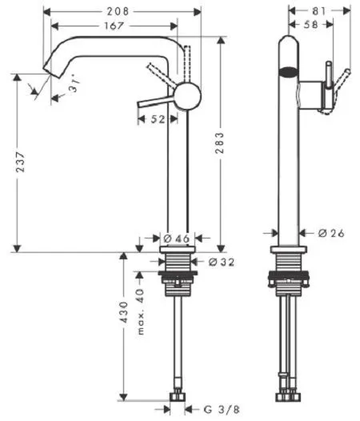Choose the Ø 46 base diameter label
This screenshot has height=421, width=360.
(176, 239)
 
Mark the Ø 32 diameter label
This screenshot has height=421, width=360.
(220, 262)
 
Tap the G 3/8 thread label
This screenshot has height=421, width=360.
(218, 410)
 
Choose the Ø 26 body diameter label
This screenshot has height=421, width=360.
(330, 234)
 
